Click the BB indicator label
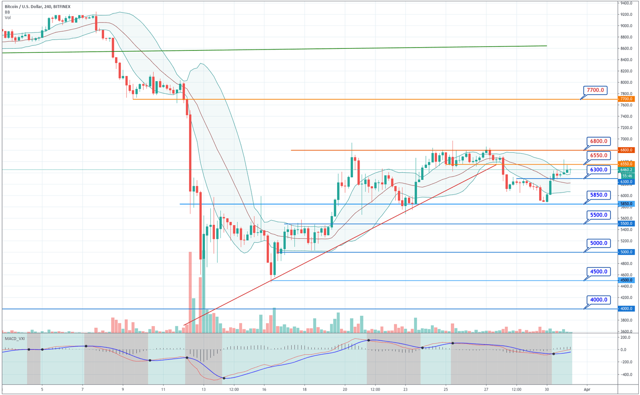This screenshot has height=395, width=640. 7,12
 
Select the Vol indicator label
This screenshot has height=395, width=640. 8,18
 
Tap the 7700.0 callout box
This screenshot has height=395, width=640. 595,90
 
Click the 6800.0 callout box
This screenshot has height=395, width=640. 599,141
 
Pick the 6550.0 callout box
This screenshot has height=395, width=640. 599,156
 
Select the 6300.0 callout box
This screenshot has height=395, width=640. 599,170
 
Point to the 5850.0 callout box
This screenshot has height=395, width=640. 599,195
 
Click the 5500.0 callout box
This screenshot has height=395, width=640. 599,215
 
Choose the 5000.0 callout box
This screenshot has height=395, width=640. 599,243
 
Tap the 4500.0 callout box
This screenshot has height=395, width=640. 599,272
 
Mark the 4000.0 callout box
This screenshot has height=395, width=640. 599,299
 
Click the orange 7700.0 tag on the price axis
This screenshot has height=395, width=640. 626,99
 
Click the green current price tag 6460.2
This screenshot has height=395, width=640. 626,170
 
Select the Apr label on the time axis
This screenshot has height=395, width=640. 587,389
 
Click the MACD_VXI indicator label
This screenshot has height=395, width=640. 15,338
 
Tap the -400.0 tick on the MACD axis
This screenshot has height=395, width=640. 626,375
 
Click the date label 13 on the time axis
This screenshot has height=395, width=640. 203,389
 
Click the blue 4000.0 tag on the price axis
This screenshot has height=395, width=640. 626,309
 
